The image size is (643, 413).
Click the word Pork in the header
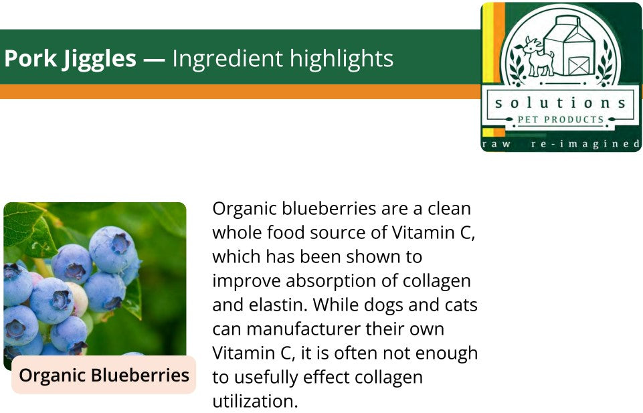point(30,58)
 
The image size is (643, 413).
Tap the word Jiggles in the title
point(99,60)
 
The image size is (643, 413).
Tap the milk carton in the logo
point(569,46)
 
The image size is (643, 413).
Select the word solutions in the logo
point(561,102)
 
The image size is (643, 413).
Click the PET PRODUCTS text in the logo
point(561,120)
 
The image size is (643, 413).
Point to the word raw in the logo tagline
point(496,144)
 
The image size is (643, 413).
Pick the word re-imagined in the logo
point(585,144)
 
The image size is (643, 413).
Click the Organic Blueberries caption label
point(104,375)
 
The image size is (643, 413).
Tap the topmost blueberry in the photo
point(112,249)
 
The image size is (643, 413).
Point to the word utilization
point(255,401)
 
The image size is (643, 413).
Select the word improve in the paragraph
point(246,282)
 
